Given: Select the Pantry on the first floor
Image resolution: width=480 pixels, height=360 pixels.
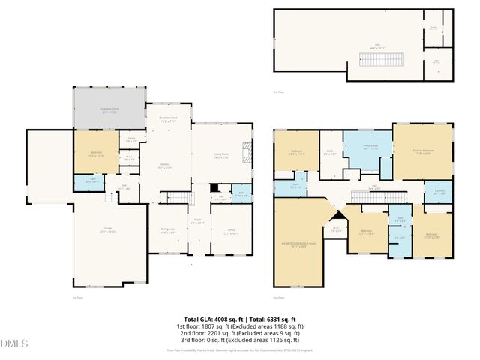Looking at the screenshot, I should (x=130, y=139).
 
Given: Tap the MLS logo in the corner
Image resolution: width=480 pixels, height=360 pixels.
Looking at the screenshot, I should (x=13, y=344).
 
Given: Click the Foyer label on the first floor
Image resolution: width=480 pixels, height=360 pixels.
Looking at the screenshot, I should (x=197, y=222).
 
